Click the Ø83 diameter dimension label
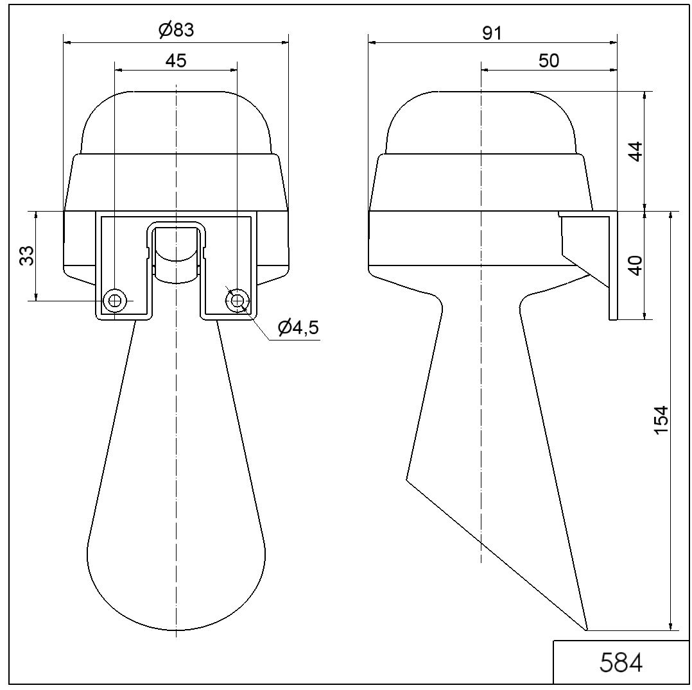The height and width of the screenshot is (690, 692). tap(176, 30)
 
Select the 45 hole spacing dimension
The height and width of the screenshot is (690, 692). tap(176, 60)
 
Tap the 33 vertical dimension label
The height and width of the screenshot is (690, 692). tap(28, 256)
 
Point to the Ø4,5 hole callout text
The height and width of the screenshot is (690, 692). tap(298, 327)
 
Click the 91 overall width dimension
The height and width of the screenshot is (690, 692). tap(492, 33)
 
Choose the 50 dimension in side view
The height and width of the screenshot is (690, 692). tap(549, 60)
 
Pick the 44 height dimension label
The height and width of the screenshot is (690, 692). tap(635, 151)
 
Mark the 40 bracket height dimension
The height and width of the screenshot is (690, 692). tap(635, 265)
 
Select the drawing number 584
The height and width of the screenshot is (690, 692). tap(621, 662)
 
